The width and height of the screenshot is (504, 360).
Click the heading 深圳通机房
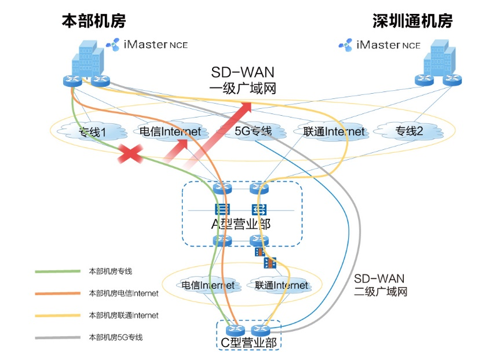[412, 21]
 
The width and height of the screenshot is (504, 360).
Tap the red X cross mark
[131, 154]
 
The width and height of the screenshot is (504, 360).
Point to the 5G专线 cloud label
[253, 131]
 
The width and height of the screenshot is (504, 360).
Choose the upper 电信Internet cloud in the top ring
[170, 131]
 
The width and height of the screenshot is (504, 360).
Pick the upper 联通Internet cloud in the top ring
[334, 131]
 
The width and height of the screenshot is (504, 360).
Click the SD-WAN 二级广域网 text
[379, 285]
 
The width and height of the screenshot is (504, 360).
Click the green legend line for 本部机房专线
[58, 271]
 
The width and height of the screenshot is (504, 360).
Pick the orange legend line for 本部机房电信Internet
[58, 293]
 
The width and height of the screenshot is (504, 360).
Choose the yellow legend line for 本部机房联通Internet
[58, 315]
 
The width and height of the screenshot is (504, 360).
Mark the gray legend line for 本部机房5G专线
[58, 337]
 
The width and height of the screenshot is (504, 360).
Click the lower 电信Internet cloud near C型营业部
[208, 285]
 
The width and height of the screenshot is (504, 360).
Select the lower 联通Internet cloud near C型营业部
[282, 285]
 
